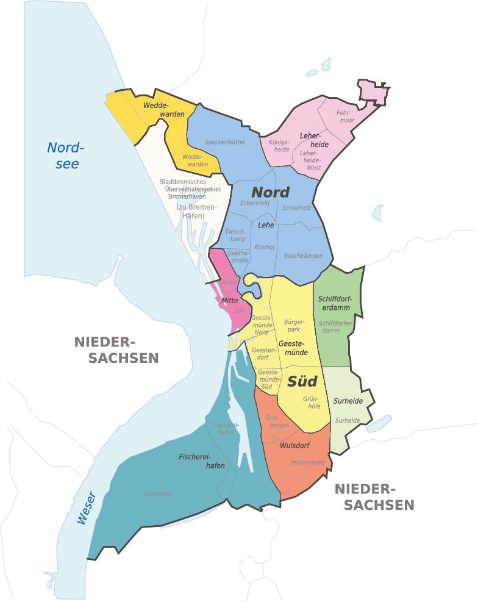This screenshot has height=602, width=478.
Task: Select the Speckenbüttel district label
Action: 224,142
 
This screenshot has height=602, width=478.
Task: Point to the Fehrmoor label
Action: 345,116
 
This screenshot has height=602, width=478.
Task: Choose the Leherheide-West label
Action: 310,160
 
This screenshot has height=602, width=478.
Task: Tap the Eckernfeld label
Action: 255,202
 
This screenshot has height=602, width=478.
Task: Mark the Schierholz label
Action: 297,207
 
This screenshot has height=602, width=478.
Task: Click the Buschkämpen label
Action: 303,256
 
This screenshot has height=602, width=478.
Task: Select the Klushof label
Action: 265,247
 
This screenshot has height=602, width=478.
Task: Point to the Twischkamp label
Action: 235,235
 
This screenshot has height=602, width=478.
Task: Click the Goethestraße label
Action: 238,256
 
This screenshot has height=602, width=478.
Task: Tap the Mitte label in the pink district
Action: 229,301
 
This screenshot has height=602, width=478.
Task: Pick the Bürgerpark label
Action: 294,325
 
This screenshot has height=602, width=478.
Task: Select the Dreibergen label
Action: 277,421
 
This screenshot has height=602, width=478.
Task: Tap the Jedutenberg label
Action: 307,462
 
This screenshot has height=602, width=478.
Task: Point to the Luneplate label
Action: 158,493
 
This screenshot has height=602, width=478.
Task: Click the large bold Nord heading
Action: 270,191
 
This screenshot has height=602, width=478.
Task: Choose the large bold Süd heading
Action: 302,381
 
